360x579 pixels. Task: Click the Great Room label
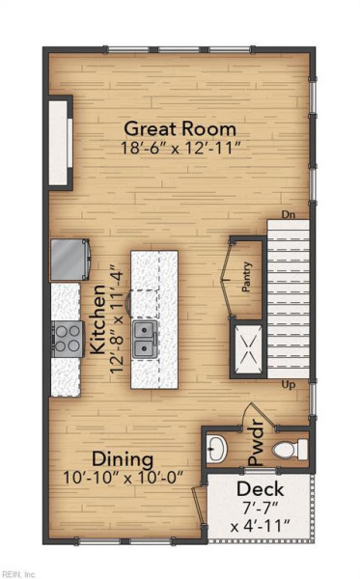tap(180, 129)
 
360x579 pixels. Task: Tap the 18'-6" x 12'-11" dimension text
tap(180, 148)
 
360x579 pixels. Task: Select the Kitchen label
tap(98, 319)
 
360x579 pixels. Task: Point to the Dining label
tap(123, 460)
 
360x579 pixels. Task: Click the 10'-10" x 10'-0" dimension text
tap(124, 478)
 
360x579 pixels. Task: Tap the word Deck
tap(261, 489)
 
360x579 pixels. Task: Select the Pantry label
tap(247, 277)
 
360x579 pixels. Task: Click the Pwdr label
tap(256, 442)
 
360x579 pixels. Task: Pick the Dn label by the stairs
tap(289, 214)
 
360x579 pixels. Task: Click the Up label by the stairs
tap(289, 385)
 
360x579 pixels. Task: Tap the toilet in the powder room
tap(291, 450)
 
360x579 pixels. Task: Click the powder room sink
tap(215, 449)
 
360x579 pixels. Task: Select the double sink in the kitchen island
tap(145, 340)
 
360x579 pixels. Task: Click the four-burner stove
tap(68, 339)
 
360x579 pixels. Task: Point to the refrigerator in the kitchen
tap(69, 260)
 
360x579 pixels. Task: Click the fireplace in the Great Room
tap(60, 143)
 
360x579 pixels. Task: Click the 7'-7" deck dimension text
tap(260, 509)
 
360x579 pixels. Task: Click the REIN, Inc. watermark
tap(18, 574)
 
